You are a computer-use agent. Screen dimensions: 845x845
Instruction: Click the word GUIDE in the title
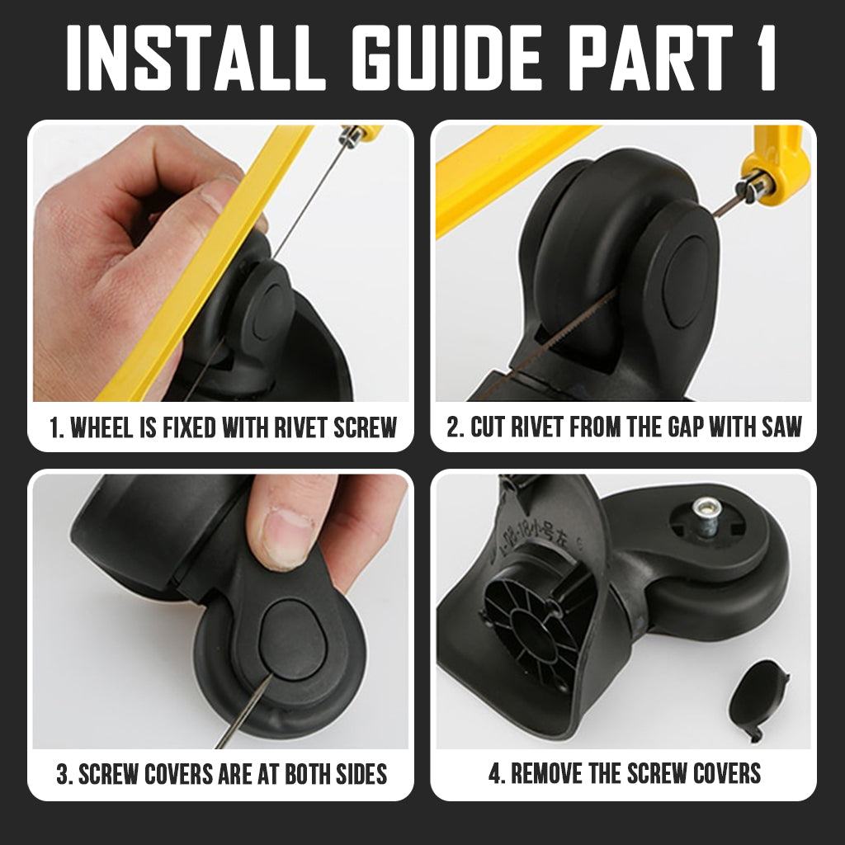(x=446, y=57)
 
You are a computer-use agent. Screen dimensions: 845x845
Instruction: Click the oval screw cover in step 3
(x=291, y=640)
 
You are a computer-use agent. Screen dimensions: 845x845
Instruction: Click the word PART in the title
(x=648, y=57)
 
